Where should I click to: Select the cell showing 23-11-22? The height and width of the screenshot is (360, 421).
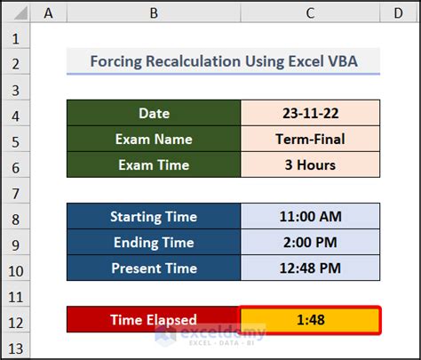pos(310,113)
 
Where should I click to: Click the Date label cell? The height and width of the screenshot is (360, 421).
pos(154,113)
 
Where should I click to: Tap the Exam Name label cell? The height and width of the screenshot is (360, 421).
pos(154,139)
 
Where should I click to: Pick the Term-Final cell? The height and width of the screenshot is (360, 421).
pos(310,139)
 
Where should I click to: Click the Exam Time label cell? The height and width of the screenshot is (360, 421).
pos(154,164)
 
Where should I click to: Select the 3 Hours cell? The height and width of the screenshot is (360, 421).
pos(310,164)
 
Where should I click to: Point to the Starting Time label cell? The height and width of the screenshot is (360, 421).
pos(154,217)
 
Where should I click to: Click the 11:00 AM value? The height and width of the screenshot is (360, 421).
pos(310,217)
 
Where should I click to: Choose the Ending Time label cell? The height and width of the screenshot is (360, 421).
pos(154,243)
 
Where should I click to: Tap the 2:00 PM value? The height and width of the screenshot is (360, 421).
pos(310,243)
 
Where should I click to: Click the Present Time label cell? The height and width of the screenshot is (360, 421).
pos(154,268)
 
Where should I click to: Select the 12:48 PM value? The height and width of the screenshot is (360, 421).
pos(310,268)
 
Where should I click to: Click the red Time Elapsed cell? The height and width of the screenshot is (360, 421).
pos(154,320)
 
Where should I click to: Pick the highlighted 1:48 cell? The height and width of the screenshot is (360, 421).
pos(310,320)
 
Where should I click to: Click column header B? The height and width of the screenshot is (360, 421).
pos(154,12)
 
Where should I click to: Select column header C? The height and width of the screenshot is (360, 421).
pos(310,12)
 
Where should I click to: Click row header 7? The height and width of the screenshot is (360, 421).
pos(15,190)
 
